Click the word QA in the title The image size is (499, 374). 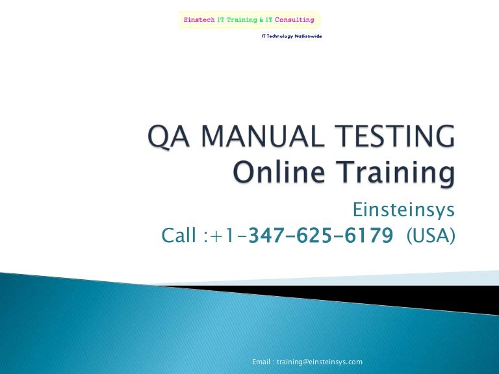coord(169,136)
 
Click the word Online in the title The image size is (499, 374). coord(279,171)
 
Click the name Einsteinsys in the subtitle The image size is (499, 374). coord(403,210)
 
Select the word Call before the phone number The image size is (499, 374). coord(179,235)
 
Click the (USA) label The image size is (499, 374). coord(431,236)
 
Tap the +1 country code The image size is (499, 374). coord(222,236)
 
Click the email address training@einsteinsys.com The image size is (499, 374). coord(320,362)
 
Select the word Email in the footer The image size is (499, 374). coord(261,362)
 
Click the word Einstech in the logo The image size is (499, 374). coord(199,19)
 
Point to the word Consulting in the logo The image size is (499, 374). coord(295,19)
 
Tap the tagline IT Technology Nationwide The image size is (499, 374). coord(292,36)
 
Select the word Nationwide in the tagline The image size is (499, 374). coord(309,36)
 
